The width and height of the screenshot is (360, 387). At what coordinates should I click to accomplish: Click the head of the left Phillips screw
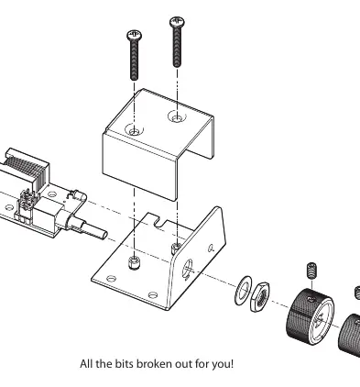click(135, 35)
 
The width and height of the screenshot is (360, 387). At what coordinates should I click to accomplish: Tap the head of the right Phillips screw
click(177, 22)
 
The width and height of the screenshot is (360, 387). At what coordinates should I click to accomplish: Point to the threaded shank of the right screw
click(177, 47)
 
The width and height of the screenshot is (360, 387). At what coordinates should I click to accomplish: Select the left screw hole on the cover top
click(134, 130)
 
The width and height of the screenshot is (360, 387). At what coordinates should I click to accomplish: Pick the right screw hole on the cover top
click(177, 116)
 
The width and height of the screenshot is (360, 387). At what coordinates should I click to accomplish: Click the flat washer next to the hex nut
click(244, 290)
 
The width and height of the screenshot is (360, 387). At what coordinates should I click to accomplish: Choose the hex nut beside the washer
click(259, 297)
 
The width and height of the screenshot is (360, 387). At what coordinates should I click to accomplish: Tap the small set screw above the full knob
click(311, 271)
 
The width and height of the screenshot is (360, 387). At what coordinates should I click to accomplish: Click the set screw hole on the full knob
click(311, 299)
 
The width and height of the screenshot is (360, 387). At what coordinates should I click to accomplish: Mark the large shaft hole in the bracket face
click(188, 269)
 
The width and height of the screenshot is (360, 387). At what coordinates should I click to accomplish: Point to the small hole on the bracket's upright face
click(211, 249)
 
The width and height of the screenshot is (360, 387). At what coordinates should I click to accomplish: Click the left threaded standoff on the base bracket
click(134, 262)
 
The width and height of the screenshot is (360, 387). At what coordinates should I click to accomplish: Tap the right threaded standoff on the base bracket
click(176, 248)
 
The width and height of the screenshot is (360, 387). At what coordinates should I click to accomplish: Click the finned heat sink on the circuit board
click(25, 171)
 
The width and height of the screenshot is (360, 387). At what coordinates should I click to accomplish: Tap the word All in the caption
click(86, 364)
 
